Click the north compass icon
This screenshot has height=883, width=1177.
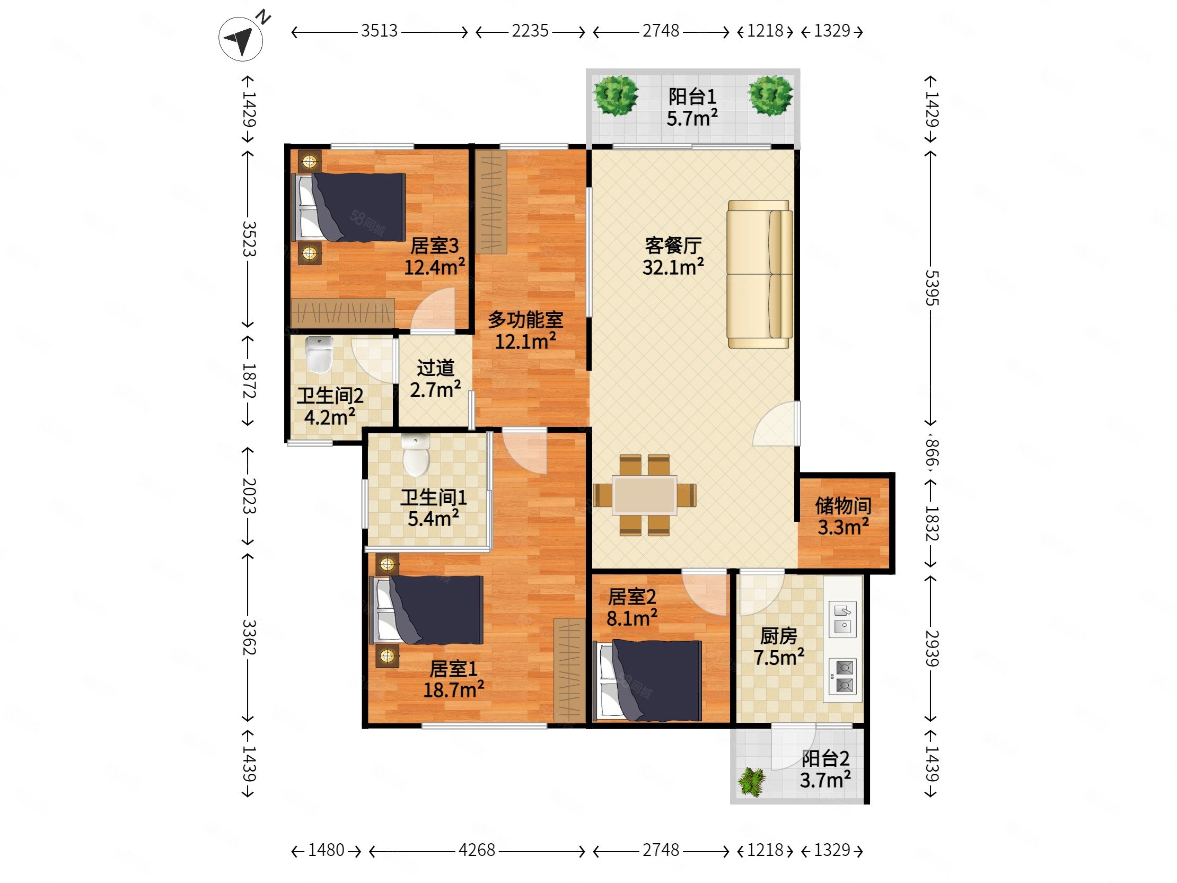pos(241,38)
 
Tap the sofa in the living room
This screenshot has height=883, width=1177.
pos(760,274)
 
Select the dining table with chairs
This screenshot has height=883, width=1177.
pos(644,495)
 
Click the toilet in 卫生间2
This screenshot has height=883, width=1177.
pos(319,354)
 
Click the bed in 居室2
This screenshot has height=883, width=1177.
pos(647,681)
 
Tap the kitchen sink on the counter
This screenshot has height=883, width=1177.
pos(843,619)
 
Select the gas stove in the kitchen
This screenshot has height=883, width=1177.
pos(843,677)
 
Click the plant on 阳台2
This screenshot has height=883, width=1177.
pos(752,781)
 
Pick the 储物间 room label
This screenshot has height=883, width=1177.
pos(844,505)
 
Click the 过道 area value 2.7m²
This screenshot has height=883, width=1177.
pos(435,390)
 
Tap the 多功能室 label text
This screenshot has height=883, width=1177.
pos(526,319)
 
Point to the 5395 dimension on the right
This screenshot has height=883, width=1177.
pos(931,288)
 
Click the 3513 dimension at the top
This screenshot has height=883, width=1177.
pos(380,31)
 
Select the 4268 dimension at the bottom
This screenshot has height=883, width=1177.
pos(477,850)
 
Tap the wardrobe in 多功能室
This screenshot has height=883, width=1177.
pos(490,202)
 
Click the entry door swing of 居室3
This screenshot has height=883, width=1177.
pos(434,310)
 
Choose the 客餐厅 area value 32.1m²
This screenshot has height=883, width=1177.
pos(673,267)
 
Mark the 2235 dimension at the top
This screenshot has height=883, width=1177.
pos(531,31)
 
